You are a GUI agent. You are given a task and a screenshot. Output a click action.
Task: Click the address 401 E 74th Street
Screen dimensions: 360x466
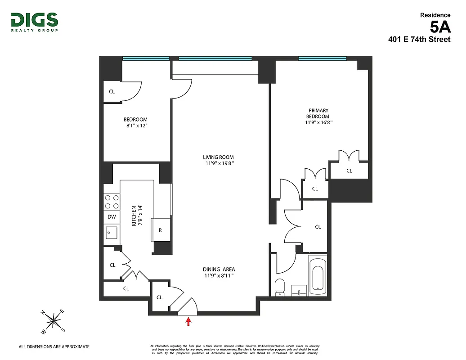point(419,40)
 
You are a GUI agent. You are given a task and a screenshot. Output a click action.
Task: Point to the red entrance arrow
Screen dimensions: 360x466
point(188,321)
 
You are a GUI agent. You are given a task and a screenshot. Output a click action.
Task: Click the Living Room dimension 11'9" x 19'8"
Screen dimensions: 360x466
point(219,163)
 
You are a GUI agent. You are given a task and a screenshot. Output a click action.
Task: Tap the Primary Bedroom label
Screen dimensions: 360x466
point(318,113)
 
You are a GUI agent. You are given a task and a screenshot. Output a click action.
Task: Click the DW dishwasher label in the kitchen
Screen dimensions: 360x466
point(112,217)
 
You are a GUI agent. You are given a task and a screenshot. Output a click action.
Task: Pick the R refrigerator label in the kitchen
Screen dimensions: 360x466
point(160,230)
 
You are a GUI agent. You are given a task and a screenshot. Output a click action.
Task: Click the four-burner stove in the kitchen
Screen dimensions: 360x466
point(112,202)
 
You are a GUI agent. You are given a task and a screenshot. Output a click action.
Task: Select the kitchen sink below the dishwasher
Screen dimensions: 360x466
point(111,232)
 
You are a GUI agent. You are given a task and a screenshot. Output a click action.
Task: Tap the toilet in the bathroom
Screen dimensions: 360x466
point(279,287)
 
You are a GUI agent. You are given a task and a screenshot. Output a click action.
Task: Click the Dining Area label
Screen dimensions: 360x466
point(220,270)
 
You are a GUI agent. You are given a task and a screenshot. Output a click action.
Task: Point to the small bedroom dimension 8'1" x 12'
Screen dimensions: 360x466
point(135,126)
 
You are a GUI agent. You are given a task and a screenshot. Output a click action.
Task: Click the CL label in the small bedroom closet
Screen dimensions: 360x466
point(112,92)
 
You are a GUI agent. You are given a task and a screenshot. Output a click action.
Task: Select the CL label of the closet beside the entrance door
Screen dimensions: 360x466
point(159,297)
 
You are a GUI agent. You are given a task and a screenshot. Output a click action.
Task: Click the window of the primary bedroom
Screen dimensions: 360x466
point(322,58)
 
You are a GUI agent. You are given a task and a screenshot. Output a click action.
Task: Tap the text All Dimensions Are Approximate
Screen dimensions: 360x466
point(54,346)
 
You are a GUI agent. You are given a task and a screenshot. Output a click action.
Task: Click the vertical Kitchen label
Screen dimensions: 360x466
point(134,216)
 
